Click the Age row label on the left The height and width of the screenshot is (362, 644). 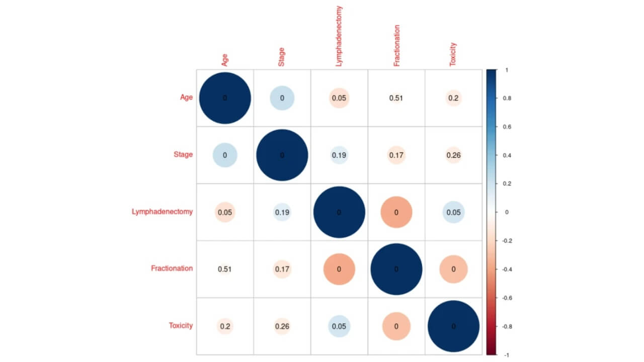(x=186, y=98)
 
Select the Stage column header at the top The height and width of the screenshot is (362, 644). (x=281, y=56)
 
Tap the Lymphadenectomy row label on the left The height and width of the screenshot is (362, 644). (x=162, y=212)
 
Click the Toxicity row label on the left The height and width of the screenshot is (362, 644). (x=181, y=326)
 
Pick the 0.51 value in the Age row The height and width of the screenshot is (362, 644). (x=396, y=98)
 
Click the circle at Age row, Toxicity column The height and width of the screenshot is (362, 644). (x=453, y=98)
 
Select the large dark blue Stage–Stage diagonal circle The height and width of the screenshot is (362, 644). (x=282, y=155)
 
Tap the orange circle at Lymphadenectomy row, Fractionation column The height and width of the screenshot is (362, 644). (x=396, y=212)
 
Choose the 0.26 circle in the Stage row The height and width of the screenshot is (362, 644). (x=453, y=155)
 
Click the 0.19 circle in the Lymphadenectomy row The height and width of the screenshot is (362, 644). (x=282, y=212)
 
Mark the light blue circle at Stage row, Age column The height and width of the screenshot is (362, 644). (x=225, y=155)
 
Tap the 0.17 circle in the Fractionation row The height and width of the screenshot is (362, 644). (x=282, y=269)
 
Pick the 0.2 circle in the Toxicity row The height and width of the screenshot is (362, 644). (x=225, y=326)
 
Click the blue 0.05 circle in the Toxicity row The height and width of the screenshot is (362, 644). (x=339, y=326)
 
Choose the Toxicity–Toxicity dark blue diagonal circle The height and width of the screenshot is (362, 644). (x=453, y=326)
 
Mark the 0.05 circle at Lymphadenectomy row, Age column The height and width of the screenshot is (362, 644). (x=225, y=212)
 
